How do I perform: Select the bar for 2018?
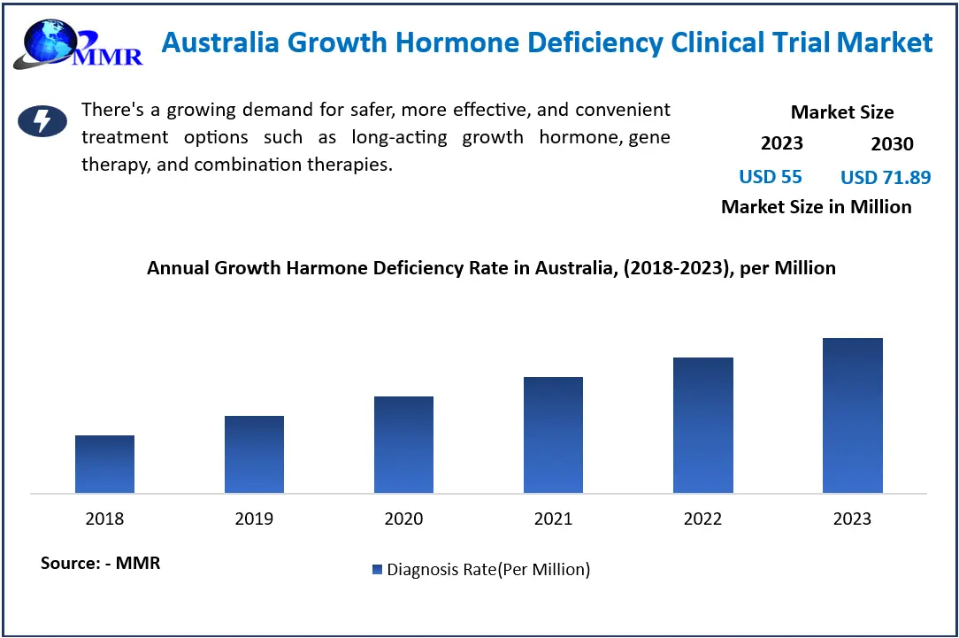[104, 465]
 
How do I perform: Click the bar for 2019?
[254, 455]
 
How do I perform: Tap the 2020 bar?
[403, 445]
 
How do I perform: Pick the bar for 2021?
[553, 435]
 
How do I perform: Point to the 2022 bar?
[702, 426]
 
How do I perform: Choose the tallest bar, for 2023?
[852, 416]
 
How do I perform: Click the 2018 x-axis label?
[104, 519]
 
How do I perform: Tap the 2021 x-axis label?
[553, 519]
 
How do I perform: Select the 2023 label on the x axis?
[852, 519]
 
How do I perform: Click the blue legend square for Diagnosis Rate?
[378, 570]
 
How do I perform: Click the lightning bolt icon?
[42, 121]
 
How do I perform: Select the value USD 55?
[771, 177]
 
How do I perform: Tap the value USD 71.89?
[886, 177]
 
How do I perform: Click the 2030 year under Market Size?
[892, 144]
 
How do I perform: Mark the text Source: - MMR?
[101, 563]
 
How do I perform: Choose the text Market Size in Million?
[816, 207]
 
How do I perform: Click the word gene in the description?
[650, 137]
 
